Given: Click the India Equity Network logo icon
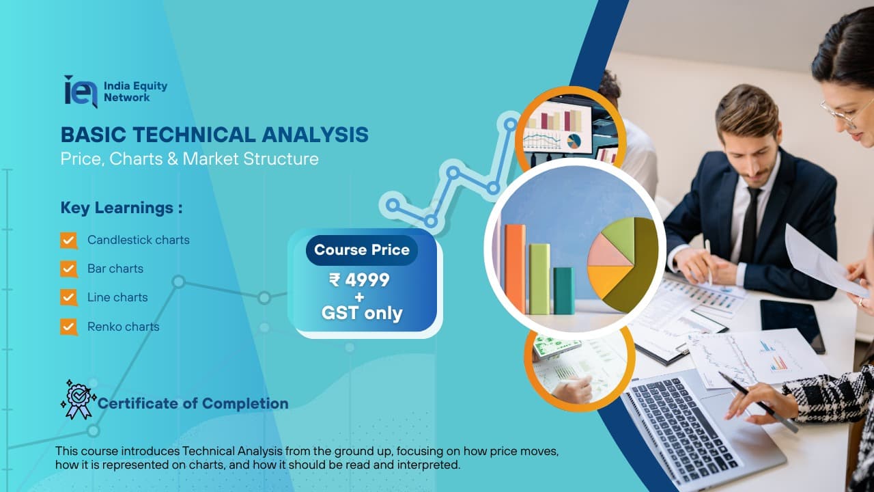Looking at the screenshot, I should coord(80,92).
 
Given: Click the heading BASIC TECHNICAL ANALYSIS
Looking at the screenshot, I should coord(214,135).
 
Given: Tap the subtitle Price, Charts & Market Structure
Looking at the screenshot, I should coord(189,159).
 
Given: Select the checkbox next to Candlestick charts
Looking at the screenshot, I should coord(69,240).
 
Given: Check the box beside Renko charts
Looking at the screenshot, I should coord(69,327).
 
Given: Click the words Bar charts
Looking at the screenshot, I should coord(115,269).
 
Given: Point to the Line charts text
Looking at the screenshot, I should coord(117,297).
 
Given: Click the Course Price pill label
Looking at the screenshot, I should coord(362,250).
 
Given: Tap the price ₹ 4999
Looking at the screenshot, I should coord(359,280).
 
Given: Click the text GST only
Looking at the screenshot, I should coord(362,314).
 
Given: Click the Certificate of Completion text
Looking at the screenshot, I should coord(193,404).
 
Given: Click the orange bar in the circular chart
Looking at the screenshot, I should coord(515,269).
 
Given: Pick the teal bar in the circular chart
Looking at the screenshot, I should coord(563,290).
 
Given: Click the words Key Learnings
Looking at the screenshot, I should coord(122,208).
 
